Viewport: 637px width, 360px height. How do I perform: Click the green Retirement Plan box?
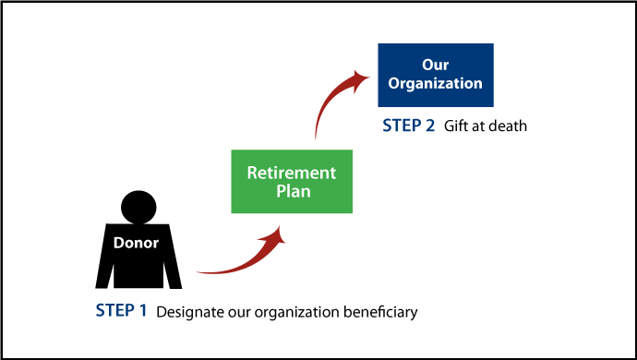click(x=292, y=181)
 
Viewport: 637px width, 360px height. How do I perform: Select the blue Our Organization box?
click(x=436, y=74)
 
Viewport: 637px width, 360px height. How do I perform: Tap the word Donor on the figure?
click(x=136, y=244)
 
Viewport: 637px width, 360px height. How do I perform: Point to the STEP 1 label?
click(x=121, y=311)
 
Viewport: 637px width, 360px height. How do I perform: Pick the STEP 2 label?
click(x=408, y=126)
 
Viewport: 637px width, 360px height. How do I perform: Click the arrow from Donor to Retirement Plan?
click(x=235, y=263)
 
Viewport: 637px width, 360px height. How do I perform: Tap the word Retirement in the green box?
click(x=292, y=173)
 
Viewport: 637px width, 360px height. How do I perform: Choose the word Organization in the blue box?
click(x=436, y=83)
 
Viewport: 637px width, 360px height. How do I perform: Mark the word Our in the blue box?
click(x=436, y=65)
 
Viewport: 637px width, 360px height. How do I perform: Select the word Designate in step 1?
click(x=188, y=312)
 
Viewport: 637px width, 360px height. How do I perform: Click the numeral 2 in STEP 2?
click(x=429, y=126)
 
